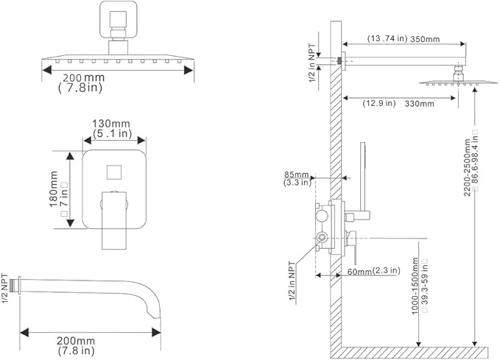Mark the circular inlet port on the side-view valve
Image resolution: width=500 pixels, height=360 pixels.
[321, 237]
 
